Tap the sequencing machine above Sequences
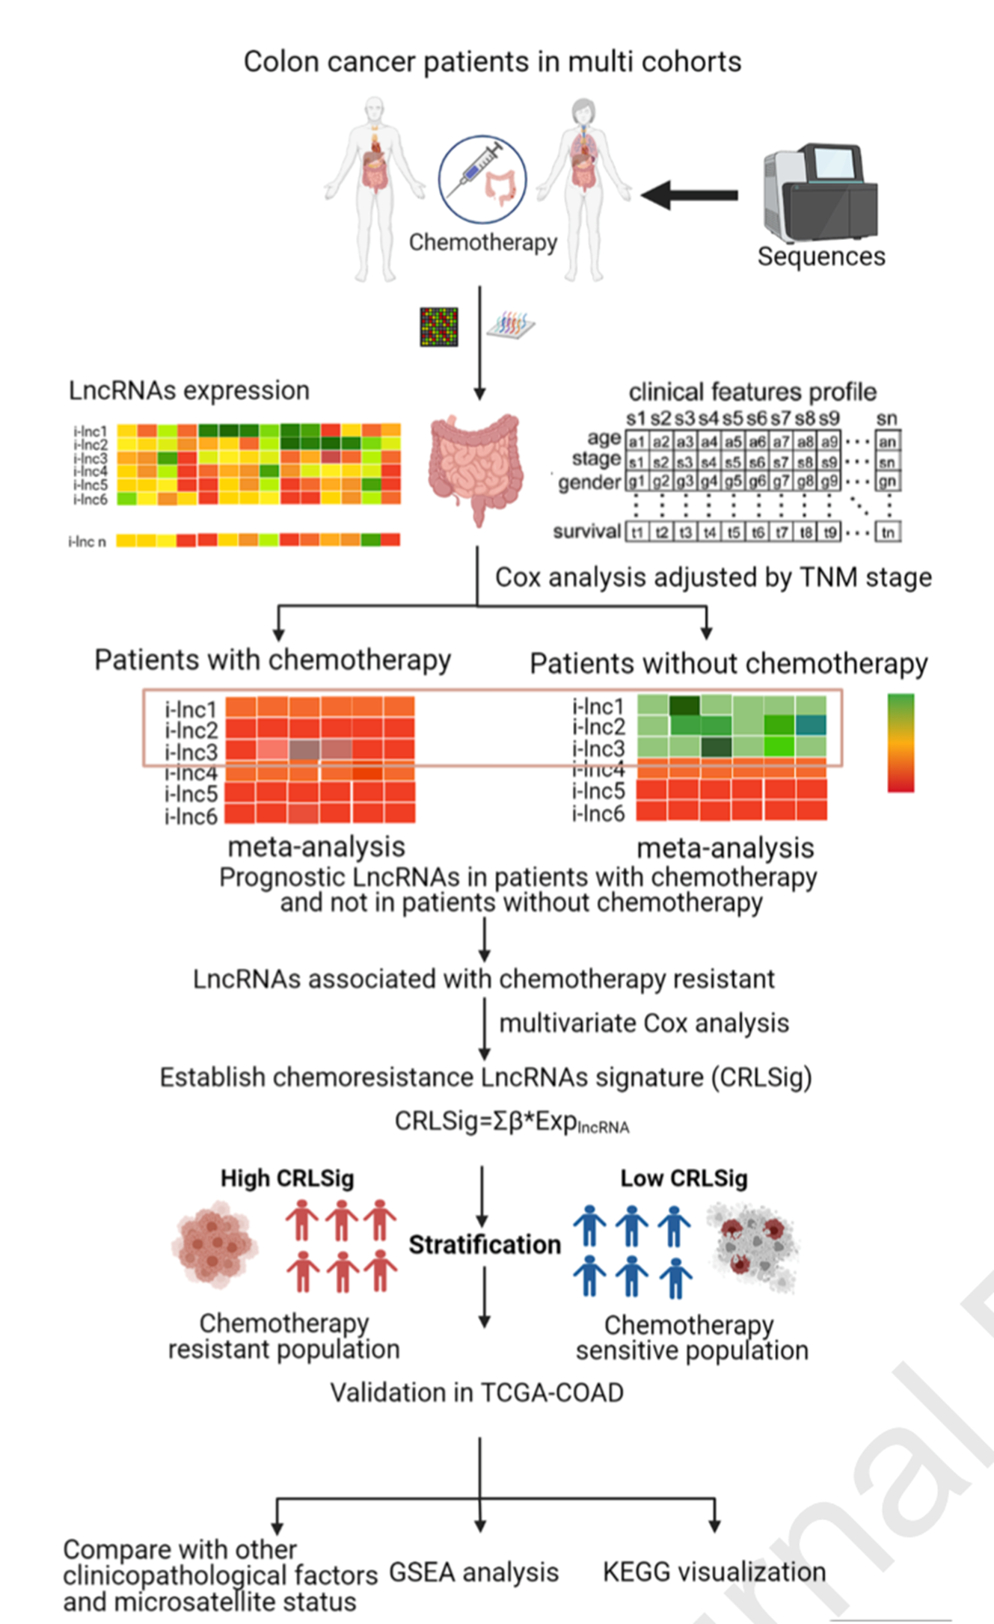click(x=820, y=193)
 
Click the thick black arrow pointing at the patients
click(x=690, y=195)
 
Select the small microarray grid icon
click(x=439, y=327)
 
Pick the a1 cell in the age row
click(x=636, y=442)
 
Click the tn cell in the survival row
click(x=888, y=532)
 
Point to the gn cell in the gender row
click(x=888, y=481)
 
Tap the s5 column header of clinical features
click(x=733, y=418)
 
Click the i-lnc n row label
click(x=87, y=541)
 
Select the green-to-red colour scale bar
click(x=901, y=742)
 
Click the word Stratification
click(x=485, y=1244)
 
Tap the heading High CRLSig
click(x=287, y=1178)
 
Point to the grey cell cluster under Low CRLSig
click(x=752, y=1246)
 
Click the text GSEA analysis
click(x=473, y=1572)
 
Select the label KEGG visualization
click(x=714, y=1572)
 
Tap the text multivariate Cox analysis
click(x=644, y=1023)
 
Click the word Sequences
click(x=821, y=256)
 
